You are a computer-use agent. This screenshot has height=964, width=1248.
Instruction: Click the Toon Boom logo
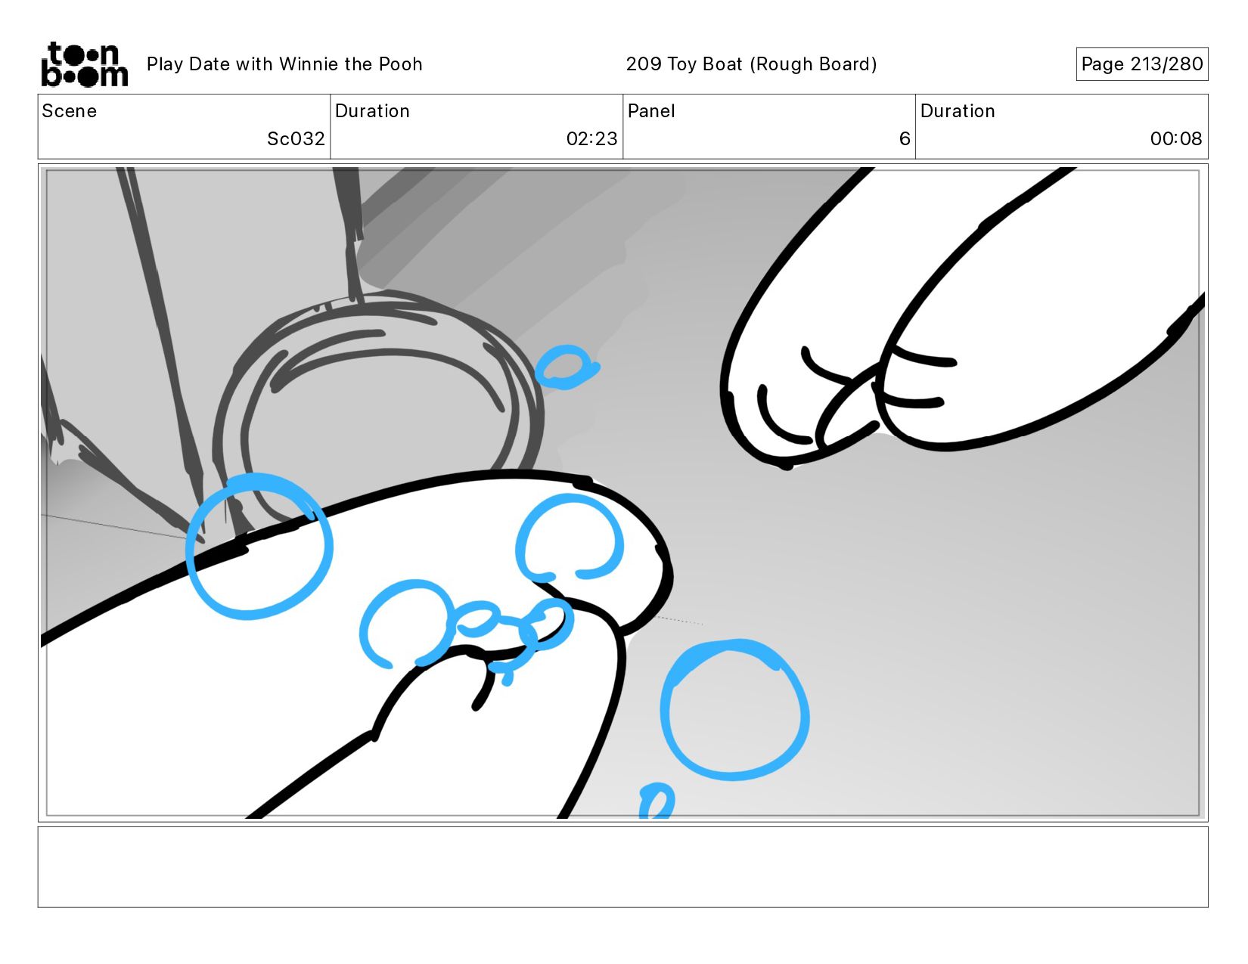tap(85, 64)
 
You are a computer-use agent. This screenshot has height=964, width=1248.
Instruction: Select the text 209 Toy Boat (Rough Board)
tap(751, 64)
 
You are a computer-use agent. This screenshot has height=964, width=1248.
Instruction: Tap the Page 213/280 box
tap(1142, 64)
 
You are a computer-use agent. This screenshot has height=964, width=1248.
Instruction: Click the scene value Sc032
tap(296, 138)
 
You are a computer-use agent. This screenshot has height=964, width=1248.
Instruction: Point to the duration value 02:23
tap(591, 138)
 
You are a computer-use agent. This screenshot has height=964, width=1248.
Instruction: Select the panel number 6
tap(905, 138)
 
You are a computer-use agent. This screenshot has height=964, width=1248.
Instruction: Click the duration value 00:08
tap(1175, 138)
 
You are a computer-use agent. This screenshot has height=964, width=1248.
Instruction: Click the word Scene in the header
tap(70, 111)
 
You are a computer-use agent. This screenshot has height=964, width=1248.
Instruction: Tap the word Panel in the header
tap(651, 111)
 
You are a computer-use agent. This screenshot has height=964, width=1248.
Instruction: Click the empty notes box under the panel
tap(623, 867)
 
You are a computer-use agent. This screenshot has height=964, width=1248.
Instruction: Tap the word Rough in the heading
tap(784, 64)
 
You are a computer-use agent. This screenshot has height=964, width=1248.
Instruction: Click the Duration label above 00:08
tap(958, 111)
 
